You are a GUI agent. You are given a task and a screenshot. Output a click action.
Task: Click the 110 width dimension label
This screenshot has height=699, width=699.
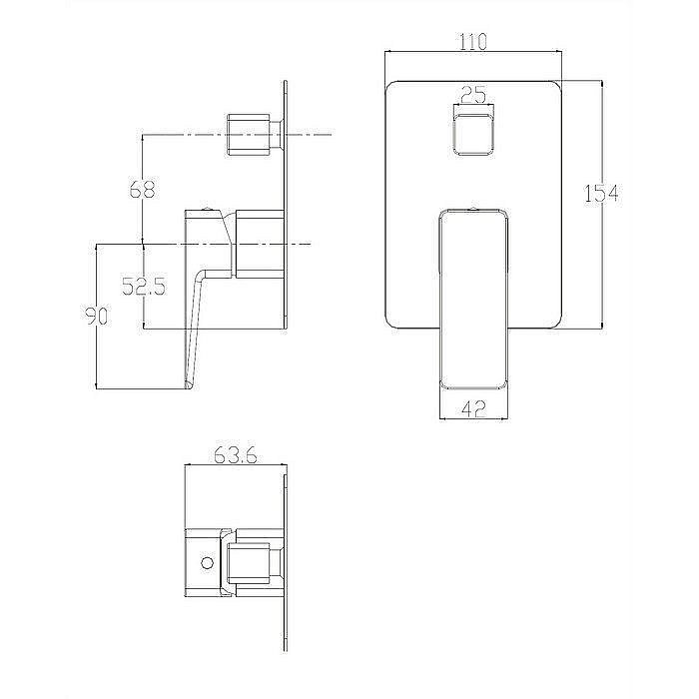473,42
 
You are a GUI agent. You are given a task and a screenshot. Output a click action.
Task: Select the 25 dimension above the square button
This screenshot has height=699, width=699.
473,96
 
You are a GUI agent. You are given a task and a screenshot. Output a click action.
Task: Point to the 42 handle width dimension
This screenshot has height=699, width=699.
473,407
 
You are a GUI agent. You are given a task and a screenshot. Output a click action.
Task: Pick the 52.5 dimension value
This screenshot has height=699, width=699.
143,287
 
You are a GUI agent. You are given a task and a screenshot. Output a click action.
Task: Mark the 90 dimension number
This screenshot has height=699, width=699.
96,316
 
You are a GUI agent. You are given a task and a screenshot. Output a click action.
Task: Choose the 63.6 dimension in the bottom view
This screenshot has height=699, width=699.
236,456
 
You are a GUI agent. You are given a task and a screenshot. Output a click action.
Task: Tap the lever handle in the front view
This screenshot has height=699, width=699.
473,300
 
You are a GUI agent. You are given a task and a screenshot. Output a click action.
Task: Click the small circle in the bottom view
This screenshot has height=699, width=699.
207,563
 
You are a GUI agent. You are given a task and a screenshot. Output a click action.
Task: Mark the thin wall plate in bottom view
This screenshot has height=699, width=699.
289,563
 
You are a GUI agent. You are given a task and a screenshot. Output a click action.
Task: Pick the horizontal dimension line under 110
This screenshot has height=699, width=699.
473,54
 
